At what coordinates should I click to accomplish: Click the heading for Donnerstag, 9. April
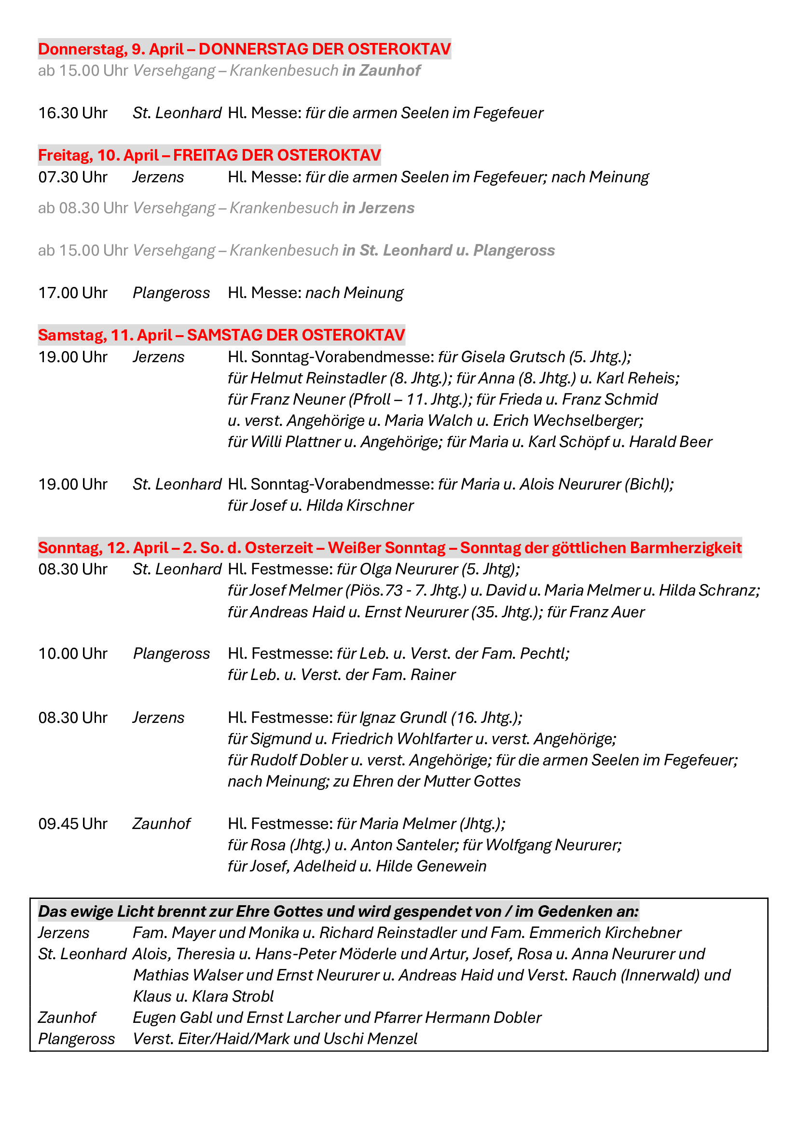244,49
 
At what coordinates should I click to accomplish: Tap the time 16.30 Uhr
73,113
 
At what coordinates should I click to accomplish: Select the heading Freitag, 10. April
209,155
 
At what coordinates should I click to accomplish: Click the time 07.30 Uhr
73,177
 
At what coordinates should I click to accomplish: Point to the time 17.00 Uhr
73,293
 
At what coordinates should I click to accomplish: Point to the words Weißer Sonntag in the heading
387,547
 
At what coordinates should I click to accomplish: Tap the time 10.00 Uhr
73,653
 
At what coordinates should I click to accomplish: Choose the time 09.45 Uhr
73,823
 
